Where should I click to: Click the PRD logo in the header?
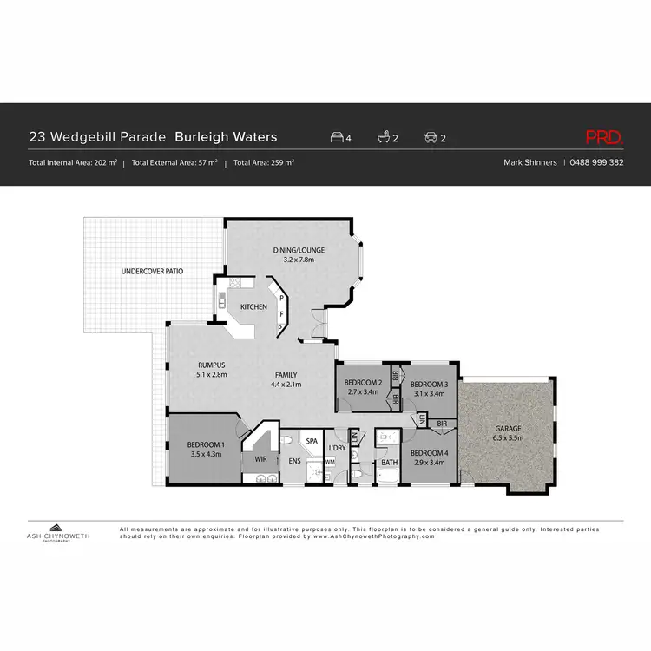[604, 136]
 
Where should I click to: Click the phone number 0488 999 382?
[597, 162]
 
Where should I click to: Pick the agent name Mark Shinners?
[531, 162]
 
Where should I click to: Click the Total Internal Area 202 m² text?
[73, 162]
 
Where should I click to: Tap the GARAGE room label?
[508, 428]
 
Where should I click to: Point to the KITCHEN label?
[253, 306]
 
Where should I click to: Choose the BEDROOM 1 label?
[206, 445]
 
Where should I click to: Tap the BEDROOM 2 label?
[362, 383]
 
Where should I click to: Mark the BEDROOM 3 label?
[429, 384]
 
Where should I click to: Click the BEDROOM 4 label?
[429, 453]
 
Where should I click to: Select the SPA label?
[312, 441]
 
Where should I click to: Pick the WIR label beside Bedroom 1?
[260, 459]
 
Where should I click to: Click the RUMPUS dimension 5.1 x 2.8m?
[211, 375]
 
